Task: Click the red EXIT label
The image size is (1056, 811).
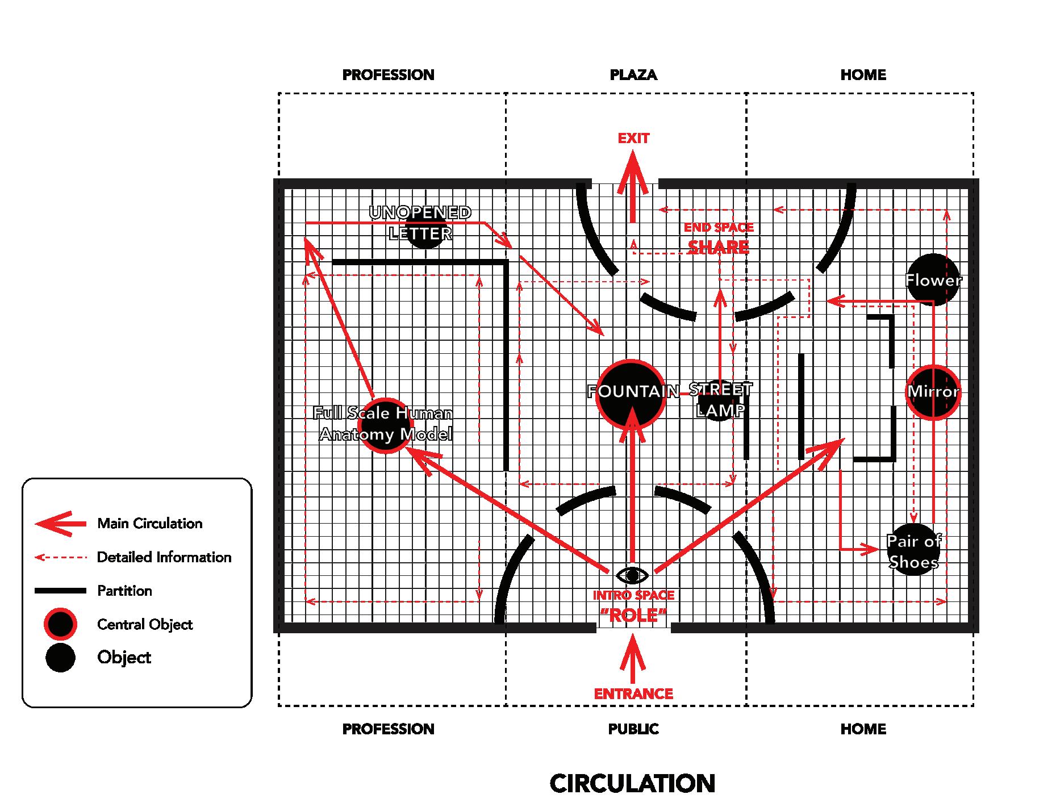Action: pos(633,139)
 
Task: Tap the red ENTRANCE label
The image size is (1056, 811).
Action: pos(633,694)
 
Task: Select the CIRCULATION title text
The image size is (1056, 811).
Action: pos(632,784)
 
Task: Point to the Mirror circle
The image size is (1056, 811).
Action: pos(933,391)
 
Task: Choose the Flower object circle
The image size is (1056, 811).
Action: pos(933,279)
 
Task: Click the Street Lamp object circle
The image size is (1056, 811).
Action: pos(719,400)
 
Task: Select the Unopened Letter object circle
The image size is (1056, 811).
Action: pos(424,229)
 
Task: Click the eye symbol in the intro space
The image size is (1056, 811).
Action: pos(632,575)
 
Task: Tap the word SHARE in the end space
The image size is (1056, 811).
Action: pos(719,248)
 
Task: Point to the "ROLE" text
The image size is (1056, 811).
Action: pos(633,615)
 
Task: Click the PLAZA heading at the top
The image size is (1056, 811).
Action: pos(633,75)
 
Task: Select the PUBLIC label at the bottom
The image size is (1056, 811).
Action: pos(633,729)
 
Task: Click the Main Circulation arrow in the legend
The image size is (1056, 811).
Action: pos(61,523)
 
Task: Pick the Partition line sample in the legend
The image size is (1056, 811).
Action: pos(61,591)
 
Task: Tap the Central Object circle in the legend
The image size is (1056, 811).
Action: pos(60,624)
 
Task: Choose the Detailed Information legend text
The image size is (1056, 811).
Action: pos(164,557)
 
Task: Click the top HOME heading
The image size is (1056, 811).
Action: pos(863,75)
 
